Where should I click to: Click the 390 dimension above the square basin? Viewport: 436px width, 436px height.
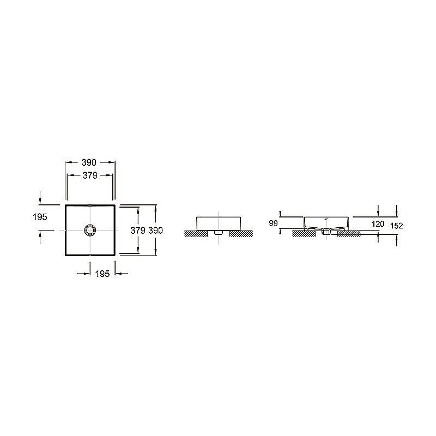(89, 162)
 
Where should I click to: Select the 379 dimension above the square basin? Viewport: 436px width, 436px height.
(90, 175)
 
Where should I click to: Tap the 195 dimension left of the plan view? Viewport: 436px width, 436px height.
(40, 217)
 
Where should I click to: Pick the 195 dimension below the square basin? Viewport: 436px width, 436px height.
(102, 274)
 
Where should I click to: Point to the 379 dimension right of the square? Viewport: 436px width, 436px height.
(138, 231)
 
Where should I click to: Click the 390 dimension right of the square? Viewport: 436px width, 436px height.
(155, 231)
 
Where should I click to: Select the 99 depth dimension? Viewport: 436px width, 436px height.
(274, 223)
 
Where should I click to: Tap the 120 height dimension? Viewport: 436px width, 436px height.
(378, 224)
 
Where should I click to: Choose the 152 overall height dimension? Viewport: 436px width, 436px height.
(397, 226)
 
